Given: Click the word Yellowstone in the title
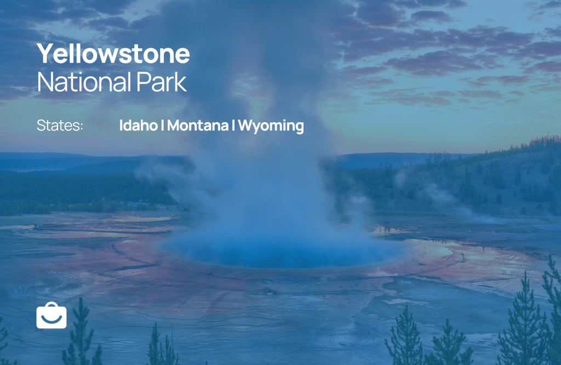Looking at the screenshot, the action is pos(113,54).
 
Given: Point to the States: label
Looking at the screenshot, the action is pos(60,126).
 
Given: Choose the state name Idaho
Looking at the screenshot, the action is pos(139,126).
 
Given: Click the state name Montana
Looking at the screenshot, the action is pos(198,126).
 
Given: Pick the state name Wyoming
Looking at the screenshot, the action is pos(271,126).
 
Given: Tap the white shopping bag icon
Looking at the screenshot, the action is pos(51,315).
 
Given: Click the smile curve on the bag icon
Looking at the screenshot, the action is pos(51,318).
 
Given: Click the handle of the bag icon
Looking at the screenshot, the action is pos(51,304).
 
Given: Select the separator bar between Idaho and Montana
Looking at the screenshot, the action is pos(162,126).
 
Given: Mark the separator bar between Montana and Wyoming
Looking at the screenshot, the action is pos(233,126).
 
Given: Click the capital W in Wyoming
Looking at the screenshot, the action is pos(247,126).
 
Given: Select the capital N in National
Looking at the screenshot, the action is pos(46,82).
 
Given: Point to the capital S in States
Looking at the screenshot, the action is pos(42,126).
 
